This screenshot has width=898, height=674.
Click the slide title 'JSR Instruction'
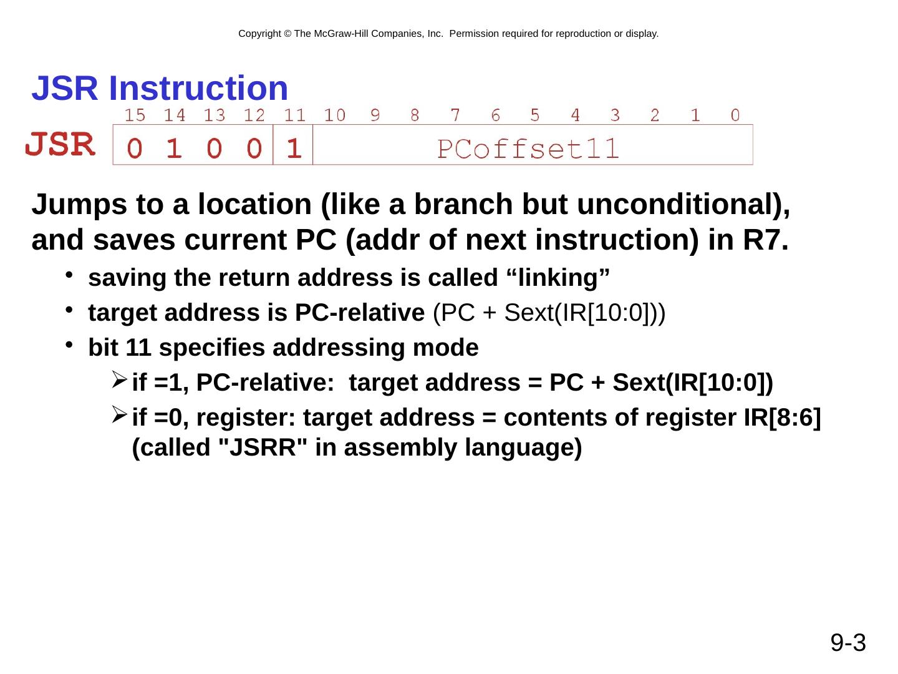point(160,89)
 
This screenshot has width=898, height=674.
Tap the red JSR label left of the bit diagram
point(60,145)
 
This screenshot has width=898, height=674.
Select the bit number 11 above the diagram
point(294,115)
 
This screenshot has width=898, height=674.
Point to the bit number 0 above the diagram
point(735,115)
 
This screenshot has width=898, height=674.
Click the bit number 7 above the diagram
point(455,115)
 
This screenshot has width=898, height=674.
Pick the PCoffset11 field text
point(528,149)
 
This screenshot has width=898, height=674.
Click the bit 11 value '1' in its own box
point(294,149)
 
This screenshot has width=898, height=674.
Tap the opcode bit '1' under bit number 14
point(175,149)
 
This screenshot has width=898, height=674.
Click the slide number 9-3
point(848,642)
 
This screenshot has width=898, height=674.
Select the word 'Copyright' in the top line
point(259,34)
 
